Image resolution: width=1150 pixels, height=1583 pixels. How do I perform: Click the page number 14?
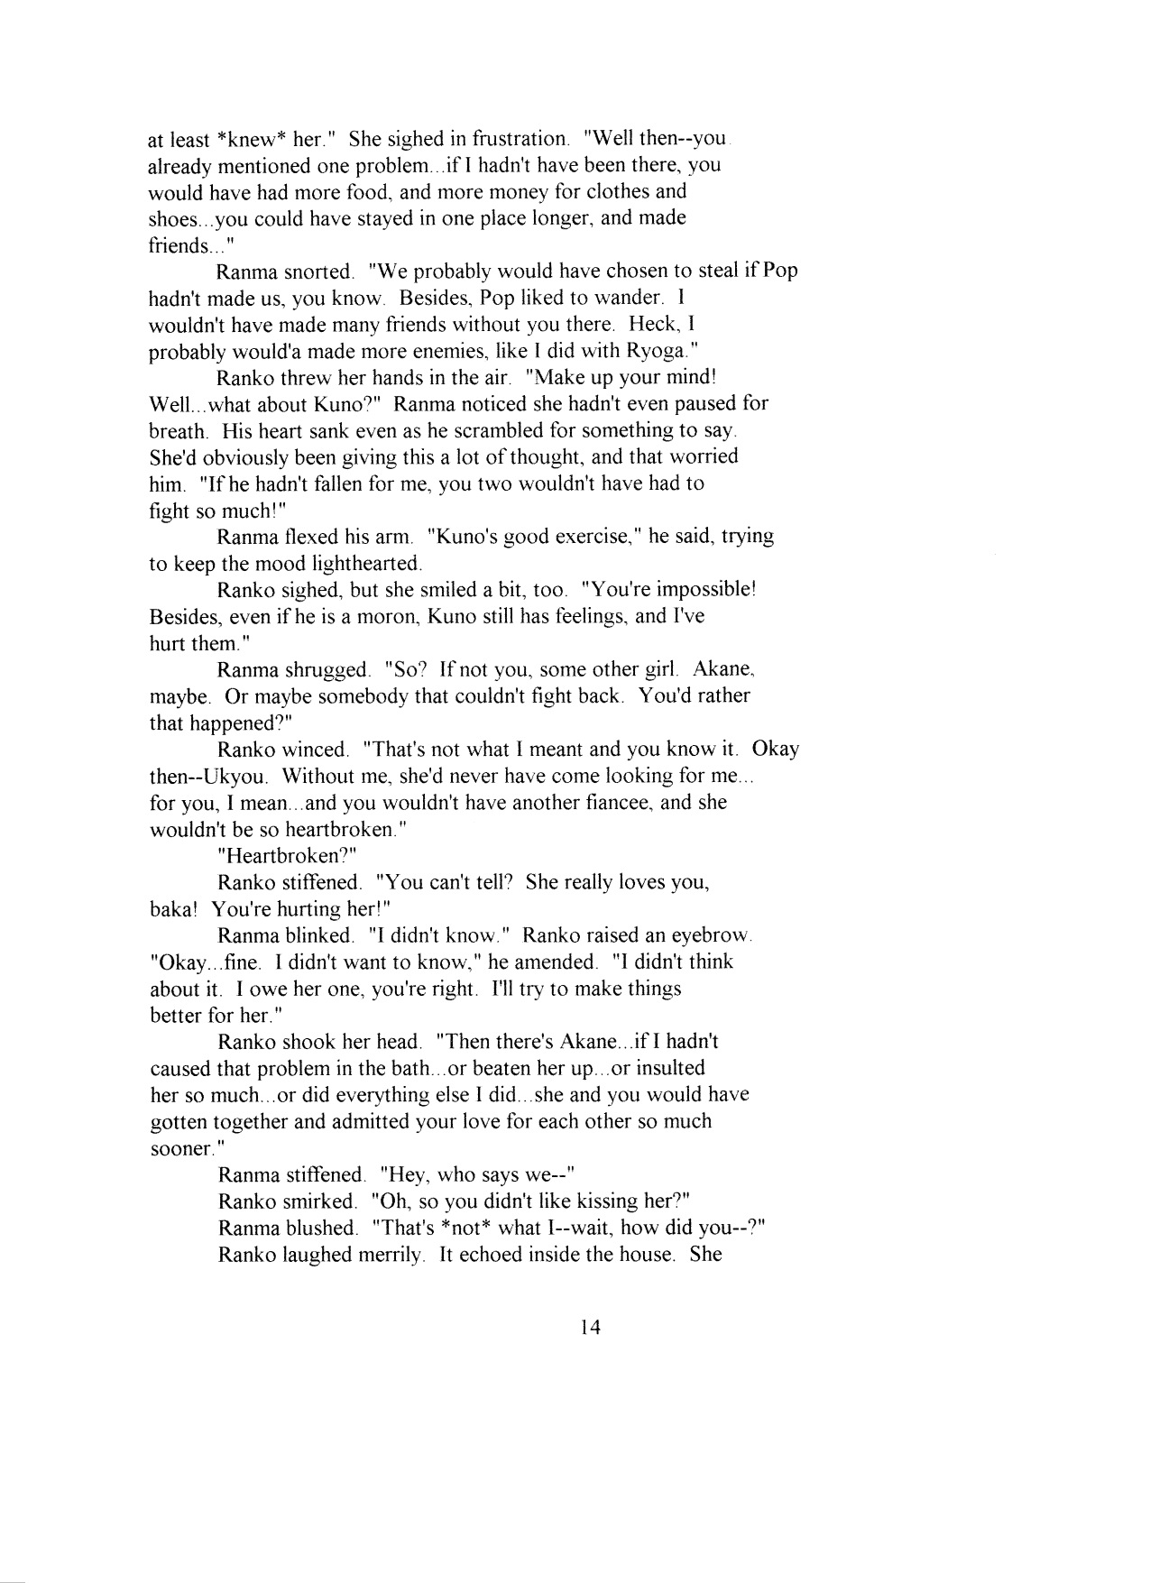click(x=590, y=1327)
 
